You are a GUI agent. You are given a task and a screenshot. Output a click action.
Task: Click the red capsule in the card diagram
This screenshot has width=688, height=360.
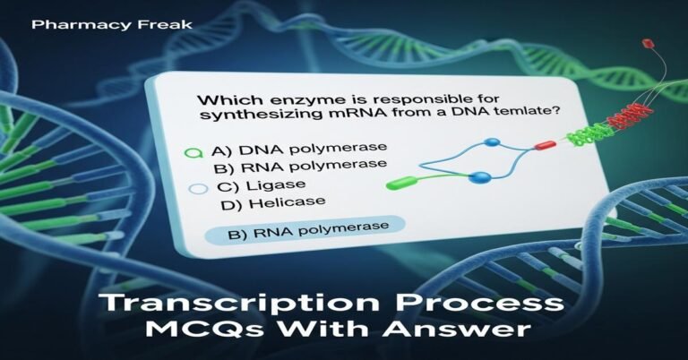tap(545, 143)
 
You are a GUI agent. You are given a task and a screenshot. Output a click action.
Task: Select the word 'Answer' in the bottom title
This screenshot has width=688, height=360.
tap(477, 331)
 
